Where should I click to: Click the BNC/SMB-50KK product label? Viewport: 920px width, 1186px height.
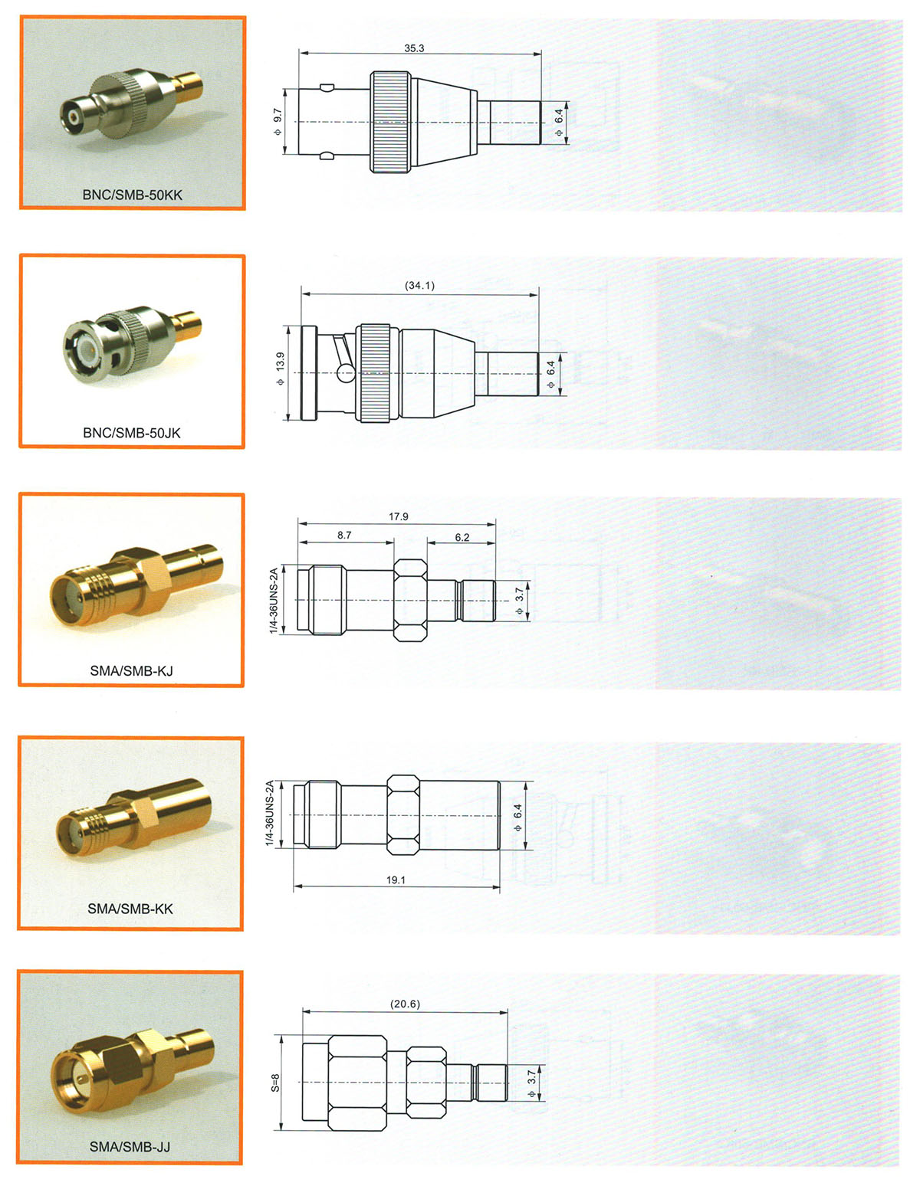point(133,195)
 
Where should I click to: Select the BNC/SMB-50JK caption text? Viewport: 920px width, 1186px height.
point(132,433)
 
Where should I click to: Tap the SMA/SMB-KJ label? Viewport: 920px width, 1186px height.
point(132,671)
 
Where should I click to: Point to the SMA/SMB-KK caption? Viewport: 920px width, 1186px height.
point(130,909)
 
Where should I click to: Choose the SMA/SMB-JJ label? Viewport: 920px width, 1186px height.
point(130,1147)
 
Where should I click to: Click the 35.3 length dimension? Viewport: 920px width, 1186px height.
point(414,48)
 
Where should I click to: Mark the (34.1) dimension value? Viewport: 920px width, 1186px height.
point(419,286)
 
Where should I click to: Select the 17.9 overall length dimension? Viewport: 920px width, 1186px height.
point(399,516)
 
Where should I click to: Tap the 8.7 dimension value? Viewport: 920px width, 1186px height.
point(344,536)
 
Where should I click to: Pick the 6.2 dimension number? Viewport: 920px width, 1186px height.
point(462,538)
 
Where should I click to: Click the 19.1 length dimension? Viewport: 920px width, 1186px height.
point(396,880)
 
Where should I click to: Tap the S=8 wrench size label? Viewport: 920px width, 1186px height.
point(276,1083)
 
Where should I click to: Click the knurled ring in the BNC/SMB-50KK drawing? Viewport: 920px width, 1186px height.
point(390,122)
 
